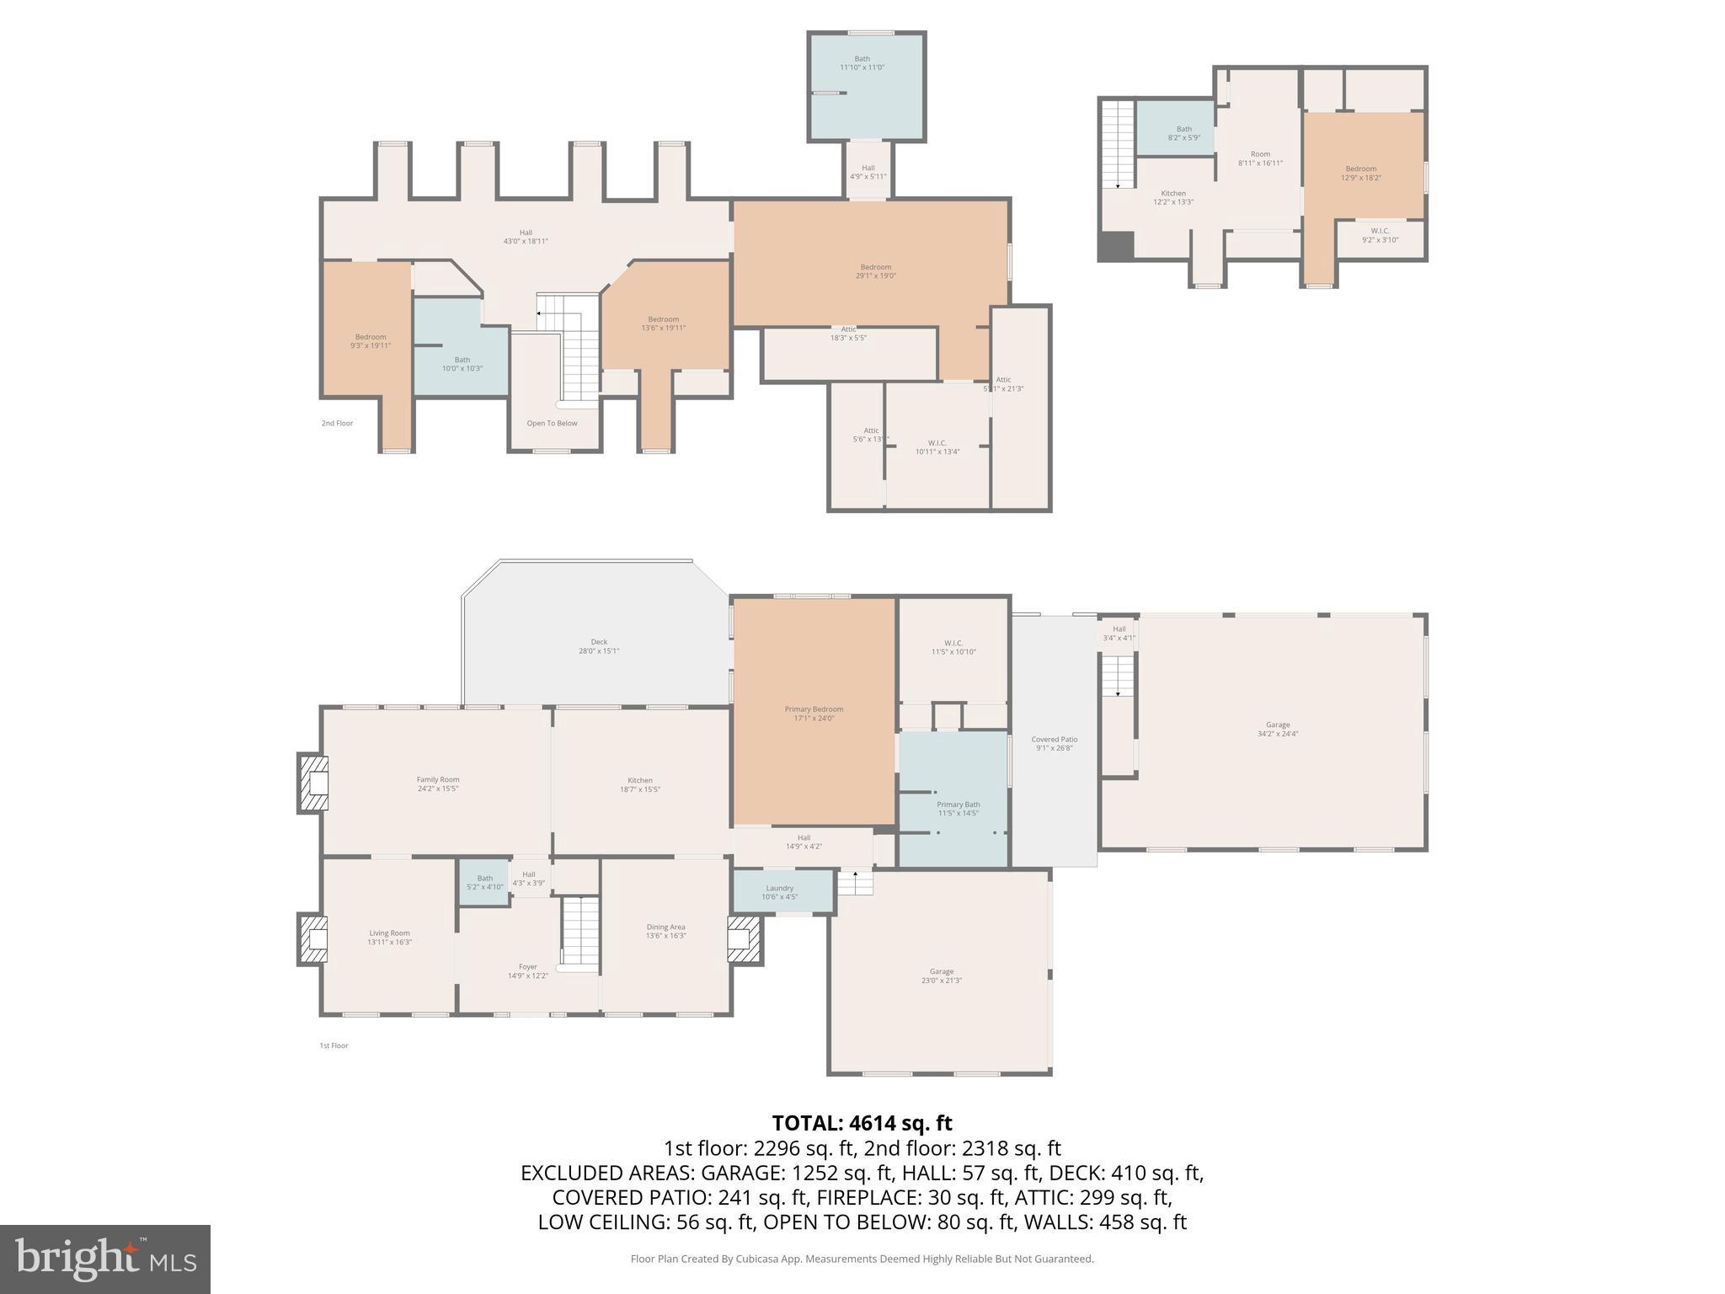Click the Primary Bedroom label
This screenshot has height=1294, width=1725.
(814, 714)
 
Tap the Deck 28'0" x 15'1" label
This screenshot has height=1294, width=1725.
(599, 646)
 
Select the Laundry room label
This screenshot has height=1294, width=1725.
(779, 892)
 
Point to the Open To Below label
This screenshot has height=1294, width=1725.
(552, 423)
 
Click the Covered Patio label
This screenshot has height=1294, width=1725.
(1054, 743)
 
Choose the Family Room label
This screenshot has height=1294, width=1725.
(438, 784)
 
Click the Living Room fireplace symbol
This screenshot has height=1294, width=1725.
(312, 939)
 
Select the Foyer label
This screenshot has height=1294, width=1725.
(527, 971)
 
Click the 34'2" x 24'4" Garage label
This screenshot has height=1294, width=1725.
(1277, 729)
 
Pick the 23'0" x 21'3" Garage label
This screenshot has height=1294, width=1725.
(941, 976)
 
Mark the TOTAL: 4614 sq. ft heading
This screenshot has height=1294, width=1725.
(862, 1123)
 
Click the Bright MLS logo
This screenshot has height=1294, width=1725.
(105, 1259)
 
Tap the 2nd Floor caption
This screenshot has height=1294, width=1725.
(337, 423)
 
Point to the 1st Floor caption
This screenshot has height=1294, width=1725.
(334, 1045)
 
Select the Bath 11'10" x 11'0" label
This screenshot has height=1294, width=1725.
(862, 63)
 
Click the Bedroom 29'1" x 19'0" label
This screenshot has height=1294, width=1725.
(875, 271)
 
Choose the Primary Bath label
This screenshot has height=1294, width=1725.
(958, 809)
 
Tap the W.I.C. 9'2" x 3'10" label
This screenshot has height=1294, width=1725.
(1380, 235)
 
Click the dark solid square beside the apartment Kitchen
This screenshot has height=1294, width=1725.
(1117, 245)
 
